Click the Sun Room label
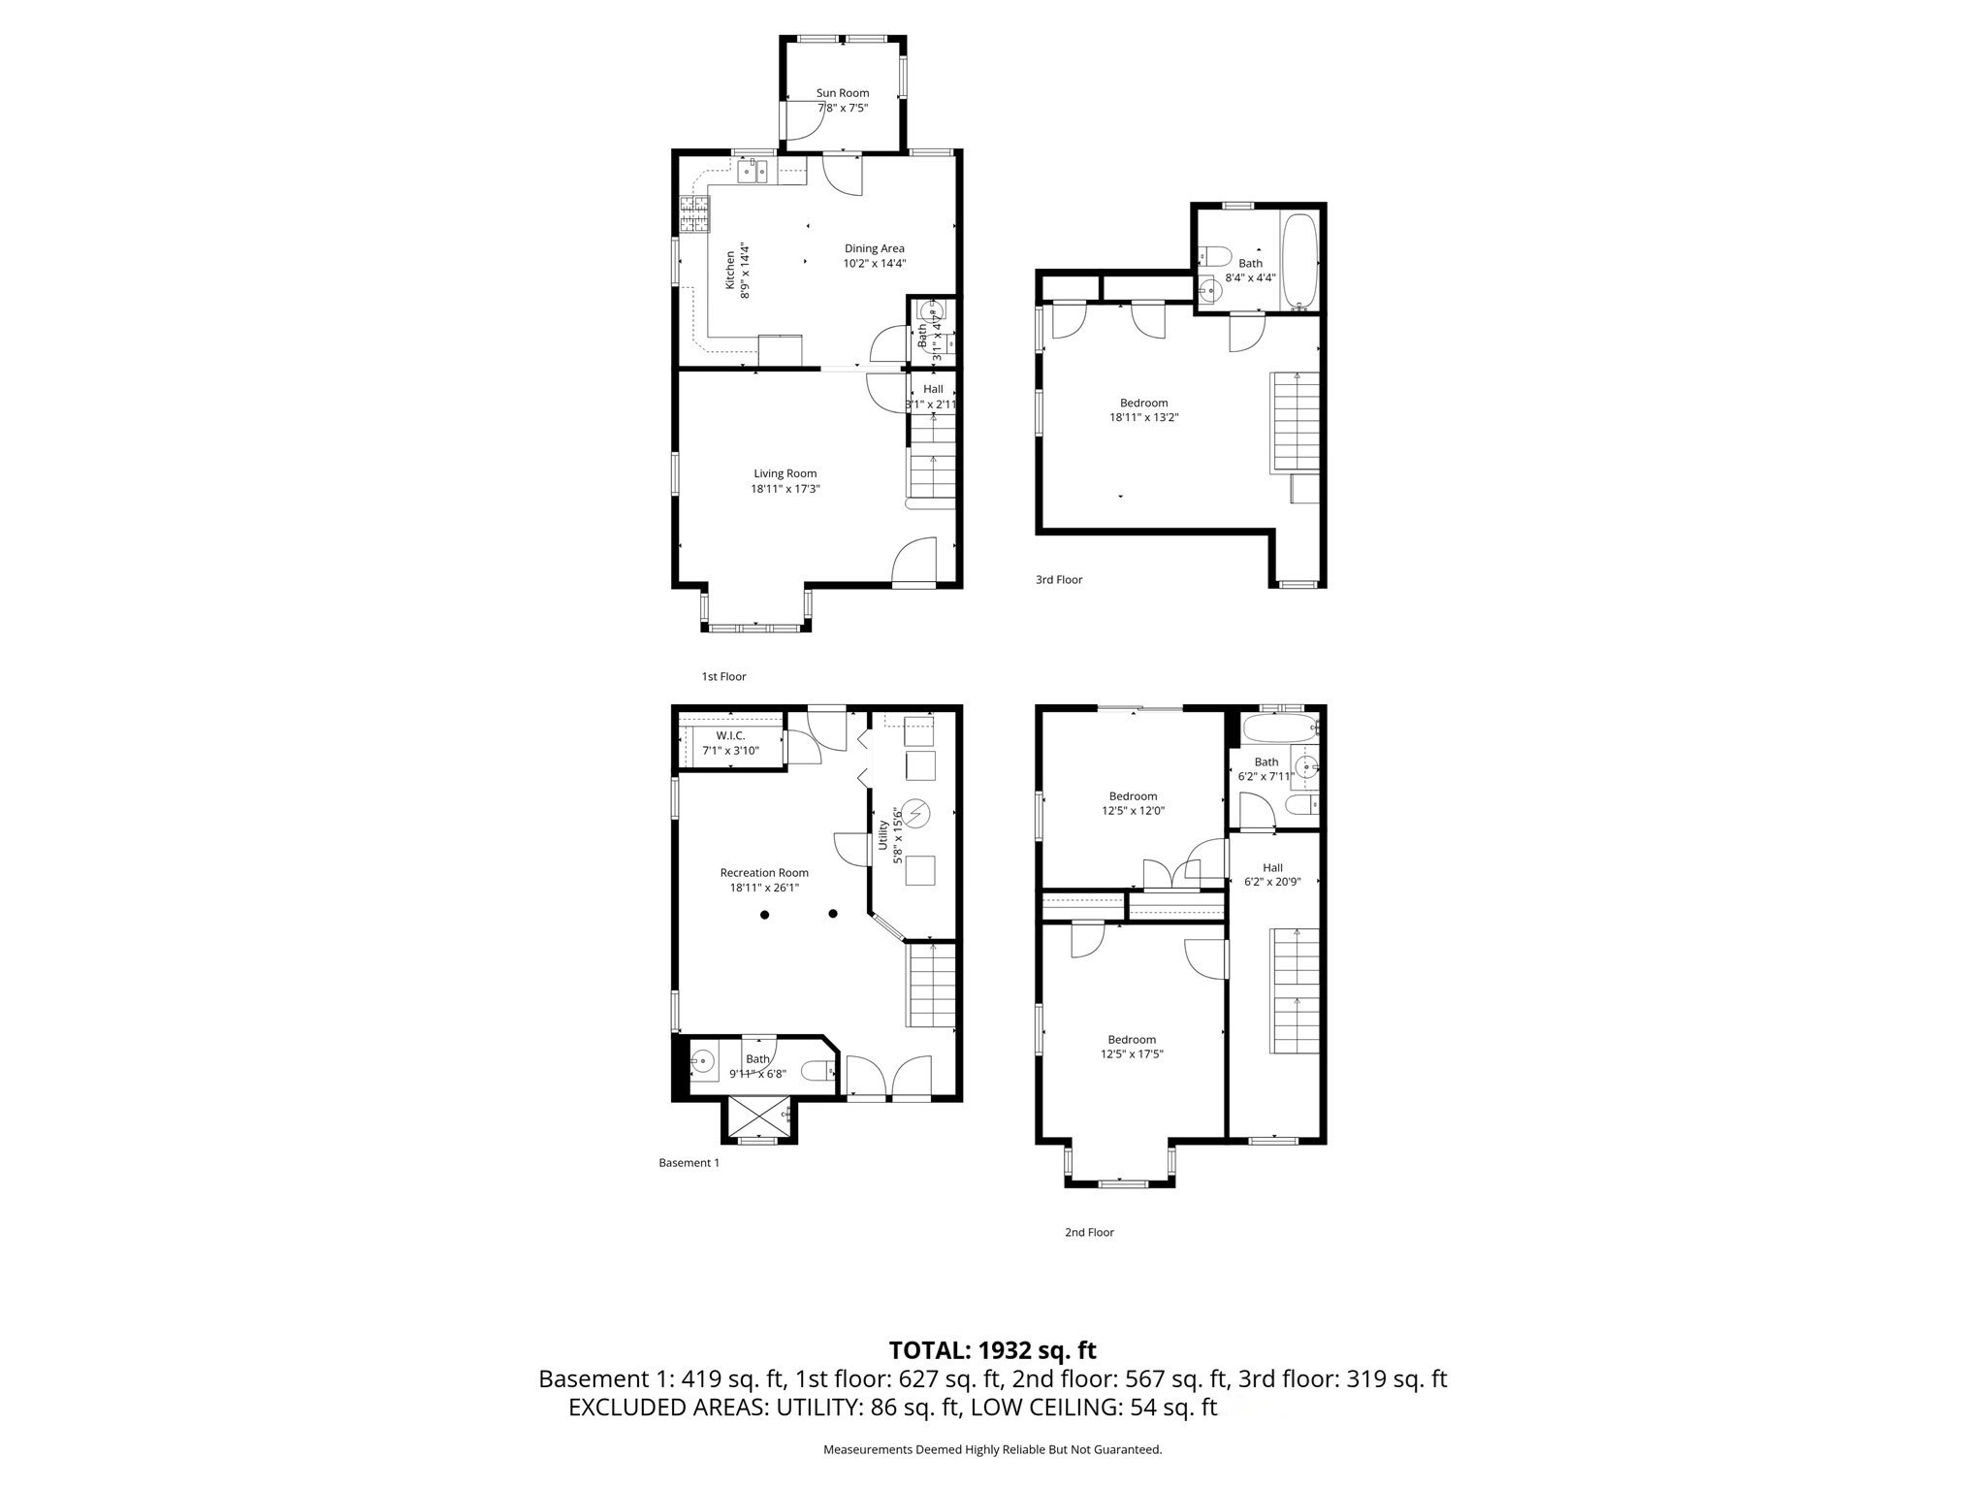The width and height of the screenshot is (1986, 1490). (842, 93)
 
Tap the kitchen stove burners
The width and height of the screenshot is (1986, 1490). (694, 215)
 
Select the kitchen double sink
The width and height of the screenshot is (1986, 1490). (753, 174)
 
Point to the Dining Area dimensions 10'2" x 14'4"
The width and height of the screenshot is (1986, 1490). (874, 263)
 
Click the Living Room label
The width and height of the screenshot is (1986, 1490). (785, 473)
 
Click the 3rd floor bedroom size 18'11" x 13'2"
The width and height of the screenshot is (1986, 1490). (1143, 417)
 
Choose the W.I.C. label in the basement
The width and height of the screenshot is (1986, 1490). (730, 735)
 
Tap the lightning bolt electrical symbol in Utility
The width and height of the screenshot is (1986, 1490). (915, 812)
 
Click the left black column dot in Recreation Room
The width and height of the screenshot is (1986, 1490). (764, 914)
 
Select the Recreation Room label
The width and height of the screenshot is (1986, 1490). (763, 872)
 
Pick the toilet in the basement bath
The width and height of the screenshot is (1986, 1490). (817, 1071)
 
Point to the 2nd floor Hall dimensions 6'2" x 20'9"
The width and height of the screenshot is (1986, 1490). (1271, 882)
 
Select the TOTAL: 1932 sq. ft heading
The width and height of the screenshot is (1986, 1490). (992, 1350)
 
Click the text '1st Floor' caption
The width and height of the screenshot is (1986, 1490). (723, 676)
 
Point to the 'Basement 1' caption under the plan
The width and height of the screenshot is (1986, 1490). (689, 1162)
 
